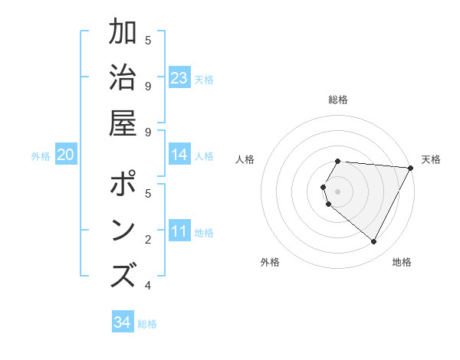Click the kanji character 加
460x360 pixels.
pyautogui.click(x=123, y=33)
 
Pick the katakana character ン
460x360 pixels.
pyautogui.click(x=123, y=230)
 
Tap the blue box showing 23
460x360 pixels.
pyautogui.click(x=179, y=77)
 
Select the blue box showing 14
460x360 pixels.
pyautogui.click(x=179, y=155)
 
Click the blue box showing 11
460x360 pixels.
pyautogui.click(x=179, y=231)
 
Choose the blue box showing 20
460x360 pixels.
pyautogui.click(x=65, y=155)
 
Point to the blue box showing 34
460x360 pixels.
pyautogui.click(x=123, y=322)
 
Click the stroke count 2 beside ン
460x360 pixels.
pyautogui.click(x=148, y=241)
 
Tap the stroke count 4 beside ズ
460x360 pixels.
pyautogui.click(x=148, y=286)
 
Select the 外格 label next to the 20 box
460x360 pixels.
pyautogui.click(x=41, y=156)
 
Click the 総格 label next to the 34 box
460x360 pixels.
pyautogui.click(x=148, y=324)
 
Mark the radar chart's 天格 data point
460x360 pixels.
pyautogui.click(x=411, y=168)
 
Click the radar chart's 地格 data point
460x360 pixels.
pyautogui.click(x=374, y=242)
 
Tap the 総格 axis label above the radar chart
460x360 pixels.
pyautogui.click(x=338, y=100)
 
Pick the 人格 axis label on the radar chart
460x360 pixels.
pyautogui.click(x=245, y=159)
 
